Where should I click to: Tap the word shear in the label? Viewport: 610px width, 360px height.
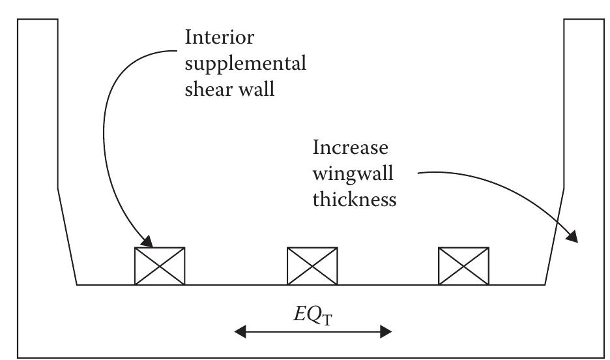pos(207,89)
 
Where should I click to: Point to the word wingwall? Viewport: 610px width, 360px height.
pos(348,173)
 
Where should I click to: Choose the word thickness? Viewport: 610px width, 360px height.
pos(354,199)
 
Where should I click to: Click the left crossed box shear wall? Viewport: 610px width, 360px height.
pos(160,266)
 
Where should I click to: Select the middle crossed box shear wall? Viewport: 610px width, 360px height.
pos(313,266)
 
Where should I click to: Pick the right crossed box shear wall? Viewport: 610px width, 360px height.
pos(463,266)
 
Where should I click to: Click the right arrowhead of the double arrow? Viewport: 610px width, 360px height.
pos(385,332)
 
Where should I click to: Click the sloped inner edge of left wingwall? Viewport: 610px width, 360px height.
pos(67,236)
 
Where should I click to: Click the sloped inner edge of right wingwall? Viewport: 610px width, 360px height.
pos(554,236)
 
